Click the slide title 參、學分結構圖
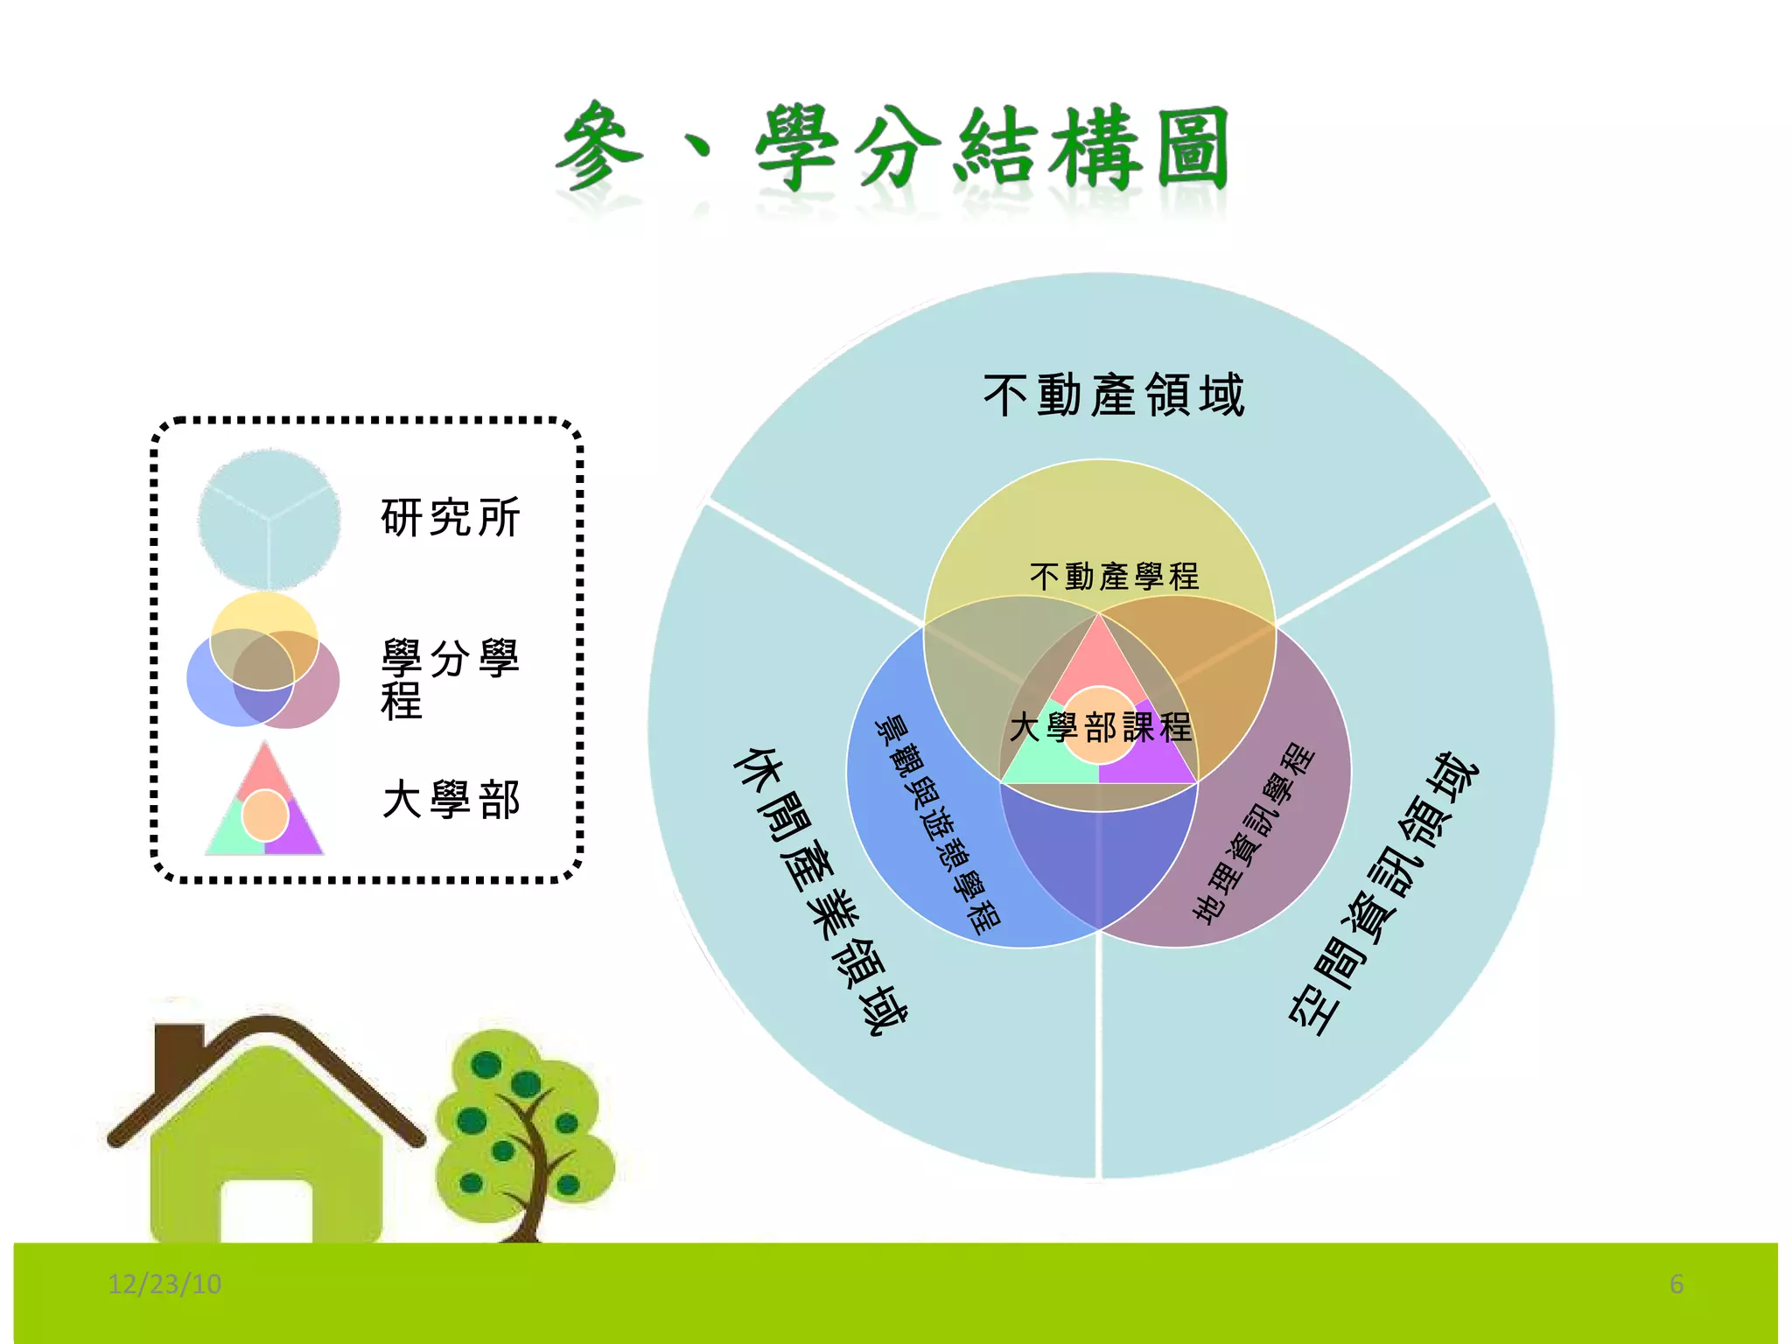point(892,147)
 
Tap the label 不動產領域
point(1113,395)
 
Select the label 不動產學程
point(1114,577)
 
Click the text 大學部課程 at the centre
point(1100,727)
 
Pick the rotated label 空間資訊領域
point(1382,892)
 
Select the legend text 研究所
point(451,517)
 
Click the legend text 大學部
point(451,800)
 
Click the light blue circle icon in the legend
point(269,519)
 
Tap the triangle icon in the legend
point(264,805)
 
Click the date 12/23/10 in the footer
point(164,1284)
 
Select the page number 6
point(1676,1284)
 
